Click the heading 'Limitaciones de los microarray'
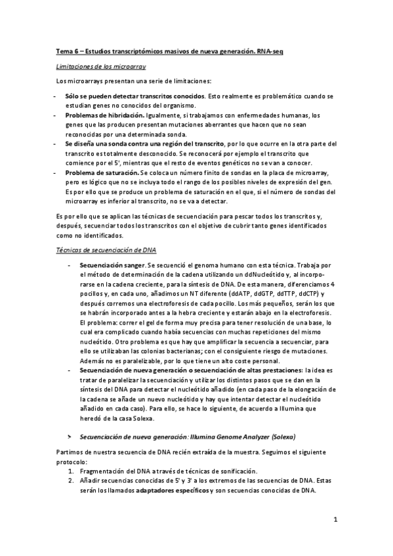[100, 67]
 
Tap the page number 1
[335, 520]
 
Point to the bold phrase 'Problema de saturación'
[101, 172]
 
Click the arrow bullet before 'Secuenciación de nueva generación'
[70, 435]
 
